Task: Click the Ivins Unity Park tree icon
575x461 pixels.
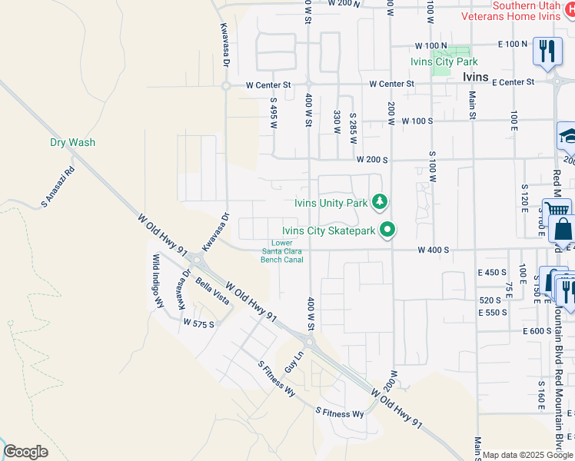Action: coord(378,203)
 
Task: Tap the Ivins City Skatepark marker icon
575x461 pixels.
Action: coord(388,230)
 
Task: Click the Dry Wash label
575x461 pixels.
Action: coord(72,142)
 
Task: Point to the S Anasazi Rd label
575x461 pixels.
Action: coord(58,188)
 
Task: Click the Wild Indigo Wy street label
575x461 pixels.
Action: coord(158,281)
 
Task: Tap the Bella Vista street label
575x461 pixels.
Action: coord(213,293)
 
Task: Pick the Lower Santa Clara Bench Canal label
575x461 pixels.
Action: coord(282,250)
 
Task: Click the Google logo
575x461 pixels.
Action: coord(25,452)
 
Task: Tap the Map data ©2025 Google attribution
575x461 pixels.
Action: coord(527,455)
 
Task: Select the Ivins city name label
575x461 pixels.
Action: coord(476,77)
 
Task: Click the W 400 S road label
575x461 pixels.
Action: coord(433,250)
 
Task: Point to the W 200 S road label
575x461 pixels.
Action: coord(371,159)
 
